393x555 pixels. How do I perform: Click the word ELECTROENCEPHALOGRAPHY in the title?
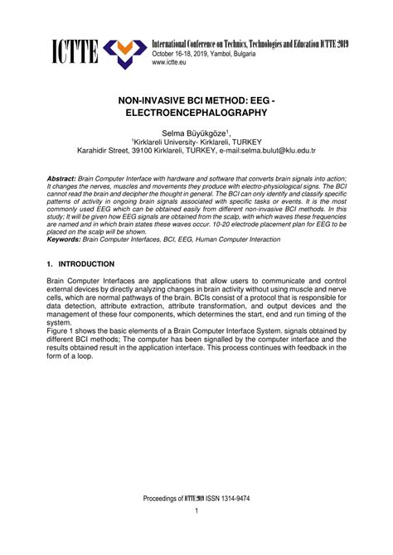(x=196, y=111)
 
